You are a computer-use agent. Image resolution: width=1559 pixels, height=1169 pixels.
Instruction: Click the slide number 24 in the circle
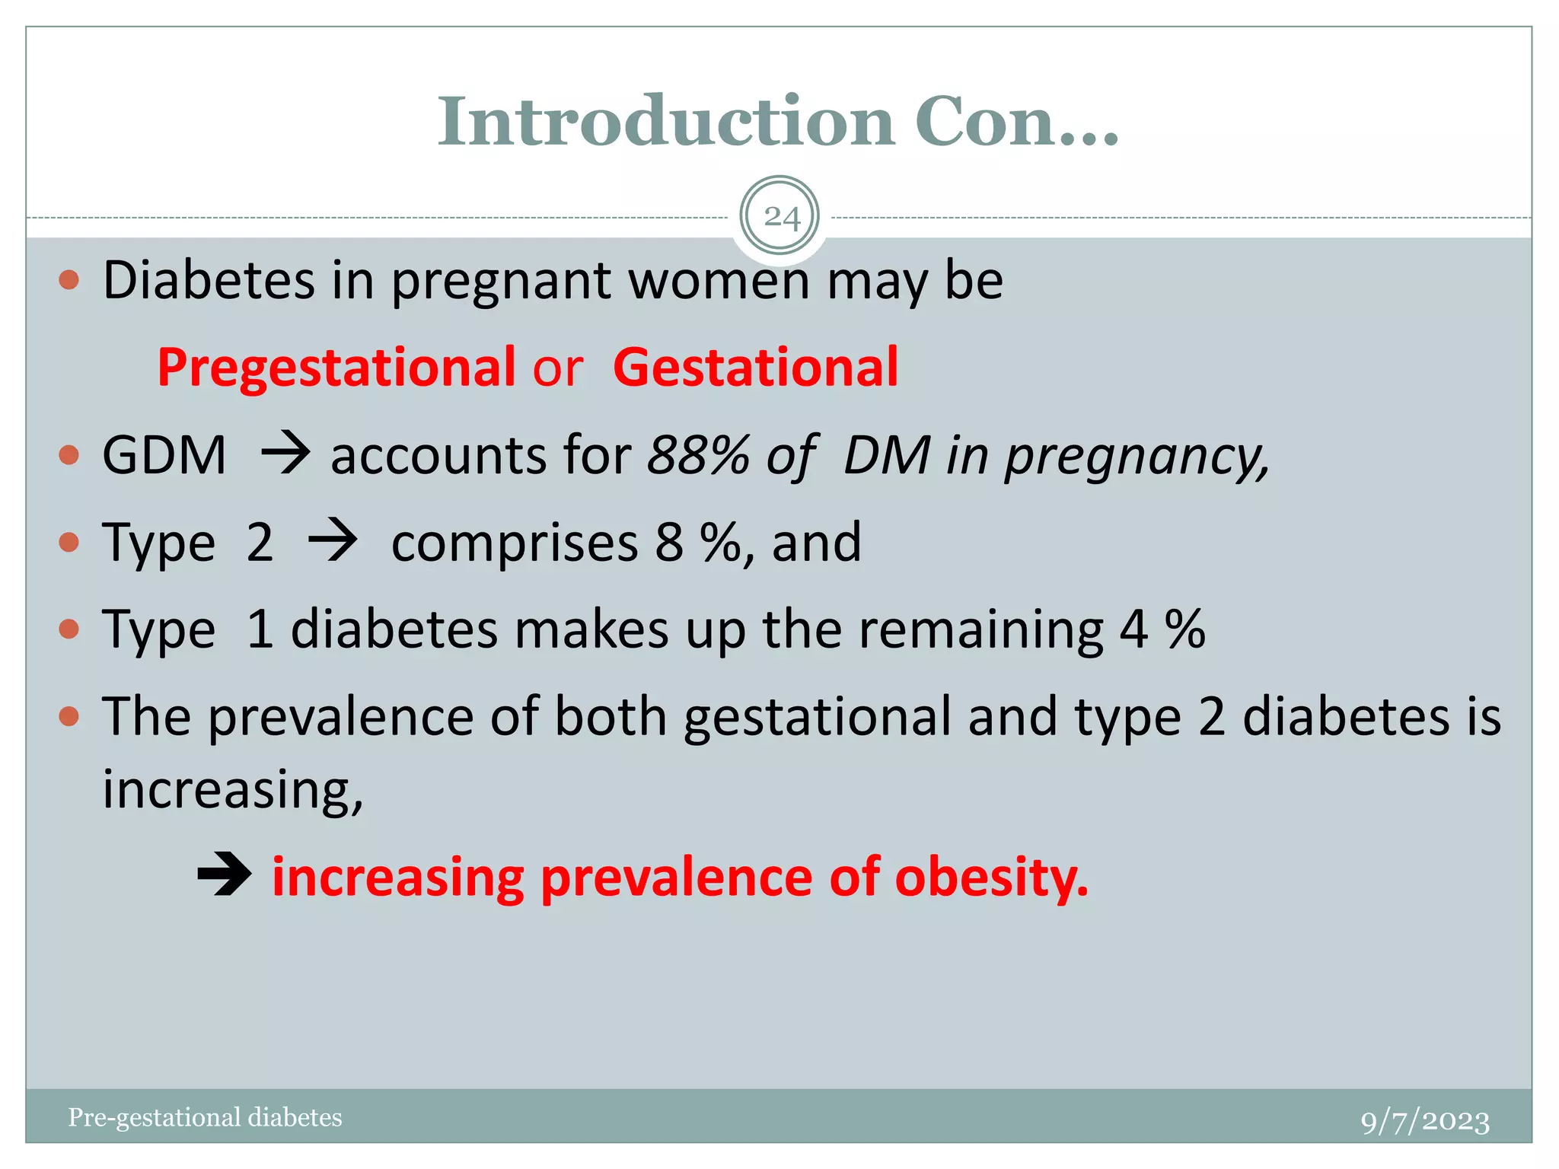coord(781,218)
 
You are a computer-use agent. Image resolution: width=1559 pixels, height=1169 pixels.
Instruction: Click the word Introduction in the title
coord(665,122)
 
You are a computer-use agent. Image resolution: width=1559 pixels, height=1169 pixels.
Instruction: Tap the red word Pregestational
coord(336,368)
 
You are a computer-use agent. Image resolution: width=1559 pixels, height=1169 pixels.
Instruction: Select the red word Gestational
coord(755,368)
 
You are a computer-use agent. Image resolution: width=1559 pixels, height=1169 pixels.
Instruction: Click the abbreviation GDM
coord(164,455)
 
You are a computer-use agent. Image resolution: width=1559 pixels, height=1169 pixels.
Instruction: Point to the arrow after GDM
coord(285,454)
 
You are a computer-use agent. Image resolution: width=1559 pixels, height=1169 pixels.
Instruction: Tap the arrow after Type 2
coord(332,542)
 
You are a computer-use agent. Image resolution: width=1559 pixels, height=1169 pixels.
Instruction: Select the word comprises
coord(515,543)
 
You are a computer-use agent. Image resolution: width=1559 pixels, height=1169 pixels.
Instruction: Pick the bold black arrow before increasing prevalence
coord(224,877)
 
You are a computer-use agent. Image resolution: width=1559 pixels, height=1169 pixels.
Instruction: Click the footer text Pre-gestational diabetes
coord(205,1117)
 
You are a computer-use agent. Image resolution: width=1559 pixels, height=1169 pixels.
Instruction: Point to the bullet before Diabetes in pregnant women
coord(69,280)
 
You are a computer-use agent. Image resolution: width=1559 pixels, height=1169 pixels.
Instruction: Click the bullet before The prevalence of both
coord(69,716)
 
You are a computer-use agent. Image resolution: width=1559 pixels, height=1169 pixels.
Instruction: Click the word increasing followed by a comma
coord(232,789)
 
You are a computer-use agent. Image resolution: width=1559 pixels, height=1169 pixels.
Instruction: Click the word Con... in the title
coord(1016,122)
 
